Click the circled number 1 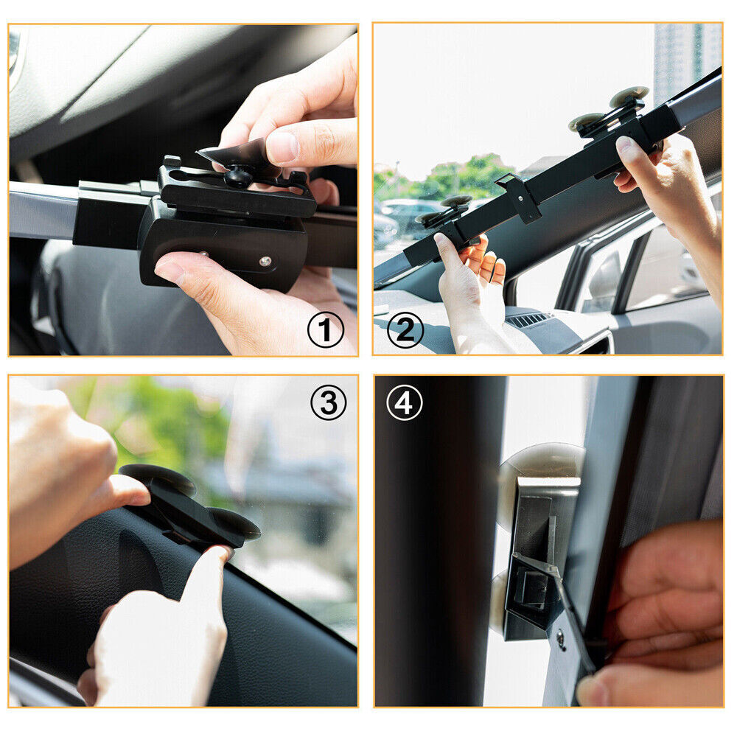point(325,329)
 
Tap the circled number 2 point(405,329)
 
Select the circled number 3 point(328,402)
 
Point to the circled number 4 point(405,402)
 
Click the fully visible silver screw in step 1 point(265,261)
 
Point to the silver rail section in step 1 point(41,209)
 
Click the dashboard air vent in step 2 point(528,320)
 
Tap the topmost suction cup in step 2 point(629,95)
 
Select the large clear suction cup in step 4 point(542,472)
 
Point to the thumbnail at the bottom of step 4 point(590,691)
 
